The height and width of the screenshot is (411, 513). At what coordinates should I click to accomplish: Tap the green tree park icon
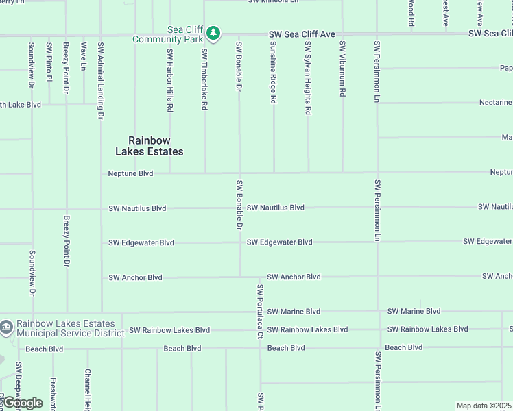click(x=213, y=33)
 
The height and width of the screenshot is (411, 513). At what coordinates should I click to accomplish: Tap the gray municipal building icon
click(x=7, y=328)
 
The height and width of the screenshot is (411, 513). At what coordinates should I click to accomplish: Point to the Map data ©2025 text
click(x=484, y=406)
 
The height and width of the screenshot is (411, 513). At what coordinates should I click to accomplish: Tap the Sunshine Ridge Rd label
click(x=273, y=72)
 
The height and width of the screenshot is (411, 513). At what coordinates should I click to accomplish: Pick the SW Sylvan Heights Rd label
click(x=308, y=77)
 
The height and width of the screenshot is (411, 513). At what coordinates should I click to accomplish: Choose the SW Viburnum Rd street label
click(x=342, y=68)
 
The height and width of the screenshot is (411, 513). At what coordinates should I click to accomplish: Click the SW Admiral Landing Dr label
click(x=100, y=80)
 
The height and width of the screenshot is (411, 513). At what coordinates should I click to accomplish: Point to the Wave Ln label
click(x=84, y=56)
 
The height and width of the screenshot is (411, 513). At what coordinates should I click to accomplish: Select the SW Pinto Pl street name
click(x=49, y=62)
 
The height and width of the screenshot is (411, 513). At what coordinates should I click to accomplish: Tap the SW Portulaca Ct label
click(x=260, y=312)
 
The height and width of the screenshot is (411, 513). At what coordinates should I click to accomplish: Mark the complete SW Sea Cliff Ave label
click(x=302, y=34)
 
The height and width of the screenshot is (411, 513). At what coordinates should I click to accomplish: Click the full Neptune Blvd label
click(x=130, y=173)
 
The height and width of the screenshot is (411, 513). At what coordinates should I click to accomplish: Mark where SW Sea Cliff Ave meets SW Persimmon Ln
click(x=377, y=33)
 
